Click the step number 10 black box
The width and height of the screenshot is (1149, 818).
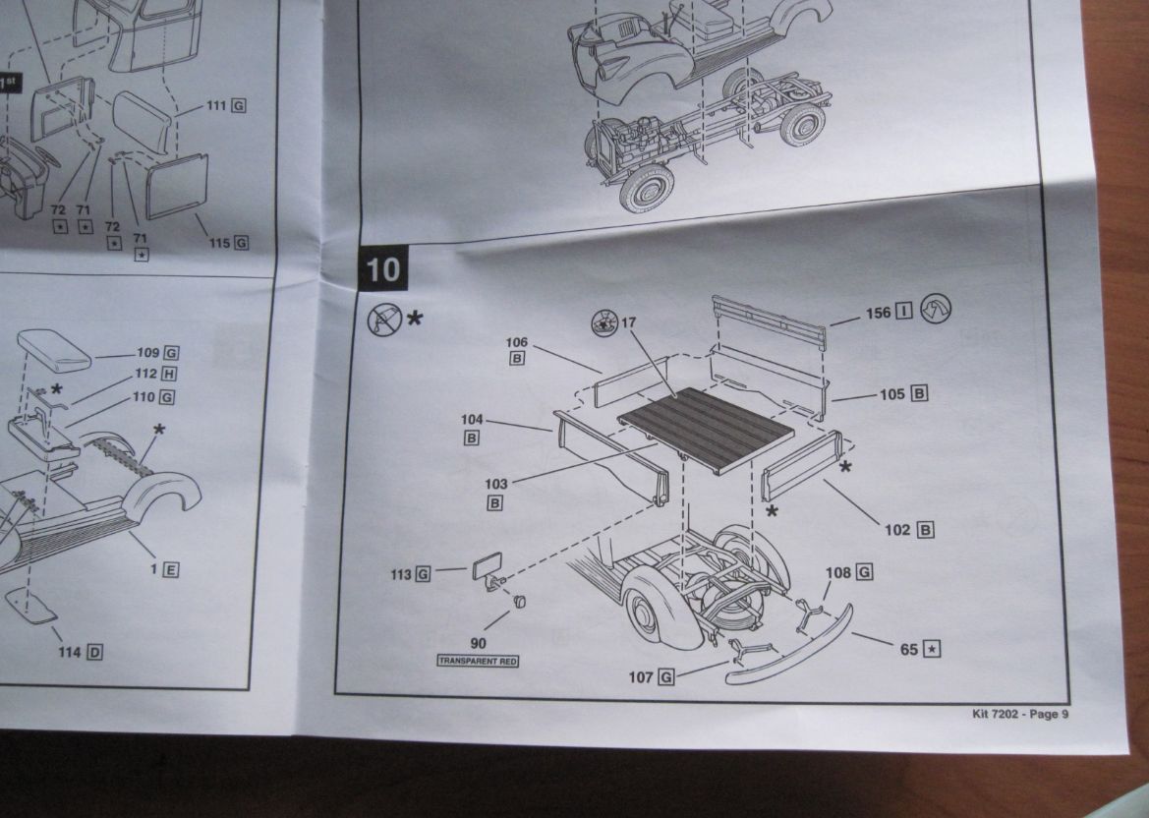383,268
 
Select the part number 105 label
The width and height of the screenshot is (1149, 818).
891,394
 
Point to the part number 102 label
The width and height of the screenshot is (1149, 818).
897,530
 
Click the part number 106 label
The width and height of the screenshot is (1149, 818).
517,342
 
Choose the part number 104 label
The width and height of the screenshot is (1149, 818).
472,420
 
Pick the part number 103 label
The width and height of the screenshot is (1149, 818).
496,484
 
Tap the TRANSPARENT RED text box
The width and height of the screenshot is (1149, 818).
478,662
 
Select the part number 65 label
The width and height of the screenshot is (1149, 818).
909,649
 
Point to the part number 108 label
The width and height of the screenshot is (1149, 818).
838,572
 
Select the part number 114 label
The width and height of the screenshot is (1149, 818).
70,652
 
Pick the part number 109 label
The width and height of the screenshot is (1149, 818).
147,352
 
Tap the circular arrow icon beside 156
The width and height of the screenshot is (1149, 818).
935,311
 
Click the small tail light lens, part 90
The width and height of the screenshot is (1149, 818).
520,601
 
